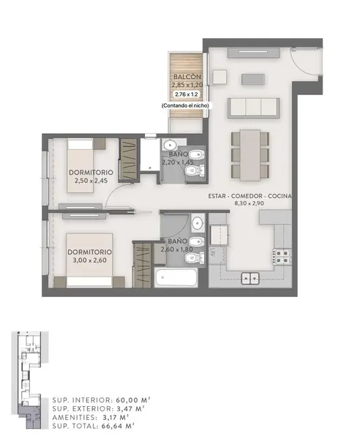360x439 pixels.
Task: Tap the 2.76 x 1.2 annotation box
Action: pos(187,94)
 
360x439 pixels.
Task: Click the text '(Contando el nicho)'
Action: pos(185,105)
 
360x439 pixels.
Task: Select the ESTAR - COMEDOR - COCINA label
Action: pos(250,196)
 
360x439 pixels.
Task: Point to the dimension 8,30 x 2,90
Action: pos(249,203)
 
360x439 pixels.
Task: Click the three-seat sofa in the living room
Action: pos(254,108)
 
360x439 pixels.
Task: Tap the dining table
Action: pos(250,155)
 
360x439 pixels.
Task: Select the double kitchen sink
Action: pos(250,278)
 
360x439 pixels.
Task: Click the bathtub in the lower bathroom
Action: pos(176,277)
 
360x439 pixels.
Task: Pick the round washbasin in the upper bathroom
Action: pos(170,146)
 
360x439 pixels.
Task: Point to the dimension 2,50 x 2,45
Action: pos(91,181)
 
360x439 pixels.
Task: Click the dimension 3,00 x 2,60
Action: pos(89,260)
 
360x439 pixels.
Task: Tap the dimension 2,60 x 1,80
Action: pos(176,249)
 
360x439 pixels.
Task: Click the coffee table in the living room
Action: pos(253,79)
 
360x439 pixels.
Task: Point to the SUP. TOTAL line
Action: pos(93,426)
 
